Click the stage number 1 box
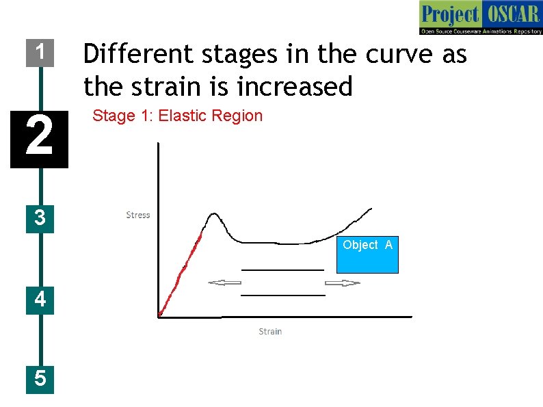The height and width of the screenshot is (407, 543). click(x=40, y=52)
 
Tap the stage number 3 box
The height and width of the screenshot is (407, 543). click(x=40, y=218)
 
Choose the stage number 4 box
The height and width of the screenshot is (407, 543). click(x=40, y=300)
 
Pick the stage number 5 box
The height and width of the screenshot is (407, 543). click(x=40, y=378)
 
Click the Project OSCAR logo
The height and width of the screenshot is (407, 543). click(x=480, y=18)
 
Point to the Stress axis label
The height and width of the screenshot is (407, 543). click(x=137, y=215)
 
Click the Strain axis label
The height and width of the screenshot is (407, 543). click(x=270, y=332)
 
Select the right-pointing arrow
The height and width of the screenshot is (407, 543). click(x=342, y=283)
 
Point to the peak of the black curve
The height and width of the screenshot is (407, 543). click(x=213, y=214)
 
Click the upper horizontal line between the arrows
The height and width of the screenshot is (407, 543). click(x=282, y=270)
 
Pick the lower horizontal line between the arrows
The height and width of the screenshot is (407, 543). click(x=282, y=296)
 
